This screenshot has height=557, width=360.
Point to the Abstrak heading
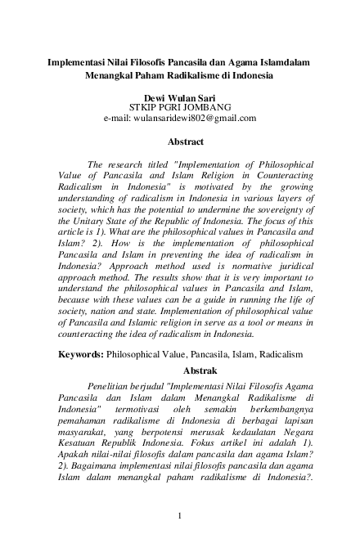click(x=180, y=371)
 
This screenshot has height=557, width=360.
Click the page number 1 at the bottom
click(x=180, y=515)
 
